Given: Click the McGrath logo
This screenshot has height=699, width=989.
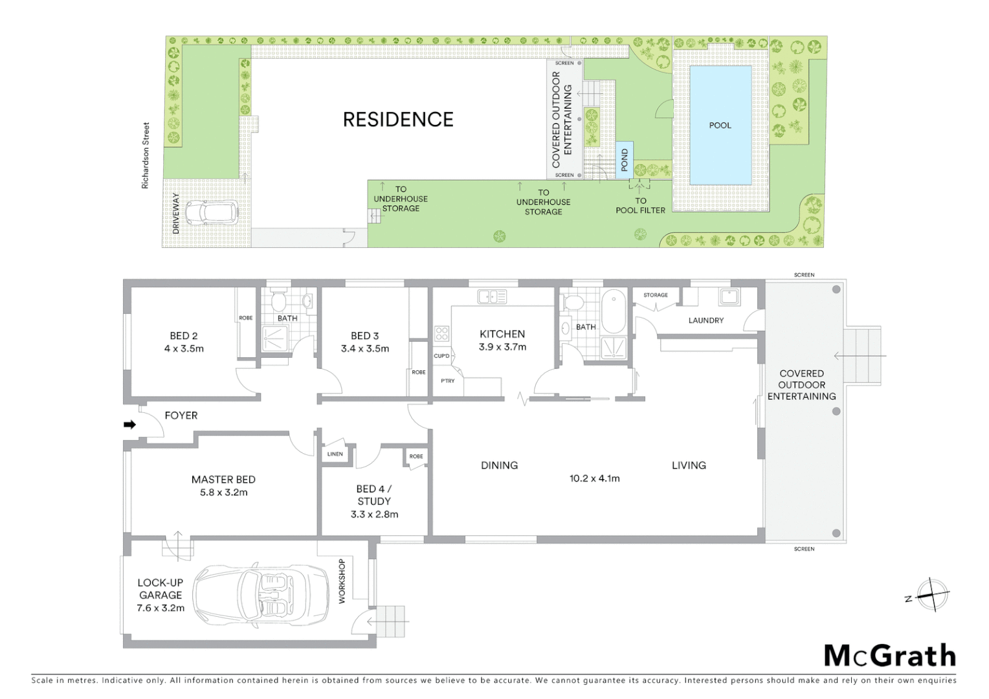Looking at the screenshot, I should tap(890, 656).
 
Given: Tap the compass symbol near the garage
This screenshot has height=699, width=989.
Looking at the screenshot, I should tap(932, 595).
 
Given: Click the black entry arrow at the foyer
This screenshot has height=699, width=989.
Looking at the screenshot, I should tap(129, 425).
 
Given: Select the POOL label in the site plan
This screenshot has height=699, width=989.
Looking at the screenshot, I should tap(720, 126).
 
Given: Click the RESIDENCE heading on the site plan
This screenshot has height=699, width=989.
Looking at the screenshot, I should tap(398, 119).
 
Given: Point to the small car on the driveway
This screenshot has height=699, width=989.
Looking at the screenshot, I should tap(212, 212).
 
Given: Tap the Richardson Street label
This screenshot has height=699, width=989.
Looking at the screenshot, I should tap(146, 156).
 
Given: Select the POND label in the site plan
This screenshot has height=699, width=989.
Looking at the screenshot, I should tap(625, 159).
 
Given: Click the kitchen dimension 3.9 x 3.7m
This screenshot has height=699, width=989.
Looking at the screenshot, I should tap(502, 347).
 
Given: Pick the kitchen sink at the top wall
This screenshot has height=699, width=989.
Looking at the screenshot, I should tap(492, 297).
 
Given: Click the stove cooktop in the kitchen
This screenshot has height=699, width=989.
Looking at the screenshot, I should tap(441, 334).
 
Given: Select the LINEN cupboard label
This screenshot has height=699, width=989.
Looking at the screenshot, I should tap(335, 454).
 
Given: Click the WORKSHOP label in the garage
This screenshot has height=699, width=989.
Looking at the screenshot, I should tap(342, 581).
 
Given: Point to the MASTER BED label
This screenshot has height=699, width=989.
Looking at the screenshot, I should tap(223, 480).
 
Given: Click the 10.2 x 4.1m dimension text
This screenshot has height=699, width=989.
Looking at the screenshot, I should tap(594, 479).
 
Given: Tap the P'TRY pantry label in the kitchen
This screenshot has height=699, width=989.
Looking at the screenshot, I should tap(447, 381).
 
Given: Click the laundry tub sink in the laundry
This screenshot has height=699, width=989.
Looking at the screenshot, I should tap(729, 297).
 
